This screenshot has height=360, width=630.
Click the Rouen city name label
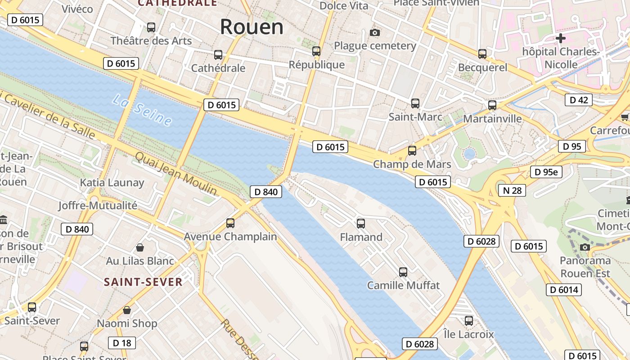(x=252, y=27)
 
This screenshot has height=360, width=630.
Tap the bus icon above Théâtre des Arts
(x=151, y=27)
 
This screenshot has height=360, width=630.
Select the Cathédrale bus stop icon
(x=218, y=55)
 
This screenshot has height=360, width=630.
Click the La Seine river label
(x=142, y=110)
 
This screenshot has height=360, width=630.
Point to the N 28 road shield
(x=512, y=190)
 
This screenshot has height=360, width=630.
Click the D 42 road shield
(x=578, y=100)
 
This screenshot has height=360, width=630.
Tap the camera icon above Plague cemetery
(x=374, y=32)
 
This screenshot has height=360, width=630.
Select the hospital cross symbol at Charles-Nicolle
(x=560, y=38)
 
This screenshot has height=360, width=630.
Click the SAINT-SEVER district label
(x=143, y=282)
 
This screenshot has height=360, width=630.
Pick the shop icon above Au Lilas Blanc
(x=140, y=247)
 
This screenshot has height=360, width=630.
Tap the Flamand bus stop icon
(x=360, y=223)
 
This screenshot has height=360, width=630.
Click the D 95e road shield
(x=546, y=172)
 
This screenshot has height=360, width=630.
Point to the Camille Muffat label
(x=403, y=285)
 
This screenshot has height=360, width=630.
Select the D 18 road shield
(x=122, y=343)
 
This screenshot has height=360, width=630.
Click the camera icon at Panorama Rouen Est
(x=585, y=247)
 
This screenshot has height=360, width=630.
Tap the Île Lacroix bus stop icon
(x=468, y=321)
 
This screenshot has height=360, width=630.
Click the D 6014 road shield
(x=564, y=290)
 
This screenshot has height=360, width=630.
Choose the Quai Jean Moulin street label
(x=175, y=173)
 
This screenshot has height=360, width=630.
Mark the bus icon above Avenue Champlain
(x=230, y=223)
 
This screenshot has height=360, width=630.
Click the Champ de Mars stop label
(x=412, y=164)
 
